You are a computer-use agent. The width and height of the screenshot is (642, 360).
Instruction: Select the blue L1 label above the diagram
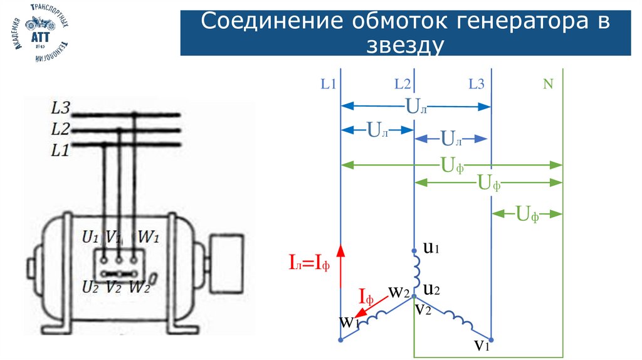click(329, 84)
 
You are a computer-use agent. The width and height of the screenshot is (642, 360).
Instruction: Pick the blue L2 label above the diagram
click(403, 84)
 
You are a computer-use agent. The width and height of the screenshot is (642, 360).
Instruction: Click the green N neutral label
click(548, 84)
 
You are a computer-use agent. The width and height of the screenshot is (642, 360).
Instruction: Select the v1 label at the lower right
click(482, 344)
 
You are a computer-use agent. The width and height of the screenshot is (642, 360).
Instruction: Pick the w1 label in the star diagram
click(349, 322)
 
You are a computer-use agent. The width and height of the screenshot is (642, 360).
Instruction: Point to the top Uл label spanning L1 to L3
click(416, 106)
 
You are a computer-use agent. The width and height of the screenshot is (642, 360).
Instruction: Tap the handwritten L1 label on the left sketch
click(60, 151)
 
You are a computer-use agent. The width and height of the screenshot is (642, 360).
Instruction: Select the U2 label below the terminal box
click(92, 287)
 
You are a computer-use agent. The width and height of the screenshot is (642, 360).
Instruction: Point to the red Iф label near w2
click(370, 295)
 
